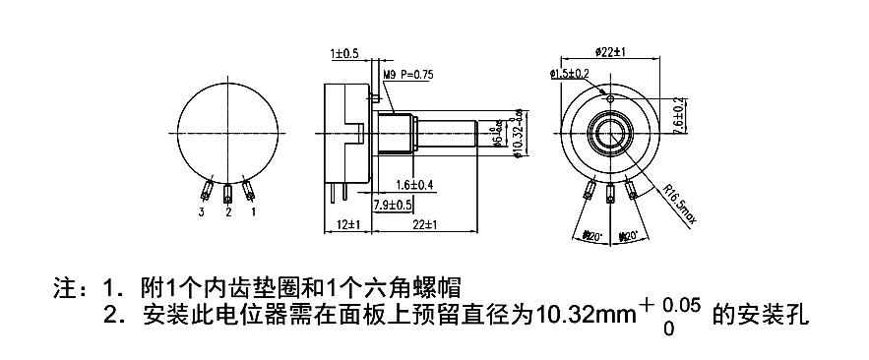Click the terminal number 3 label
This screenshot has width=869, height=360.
pos(203,211)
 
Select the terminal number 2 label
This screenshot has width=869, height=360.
pos(228,211)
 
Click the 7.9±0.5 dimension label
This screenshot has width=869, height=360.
pos(394,205)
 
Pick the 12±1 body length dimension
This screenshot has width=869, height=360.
pos(346,225)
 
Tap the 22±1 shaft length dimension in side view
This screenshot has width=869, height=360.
pos(425,225)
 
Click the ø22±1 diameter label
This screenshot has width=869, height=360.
pos(610,51)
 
